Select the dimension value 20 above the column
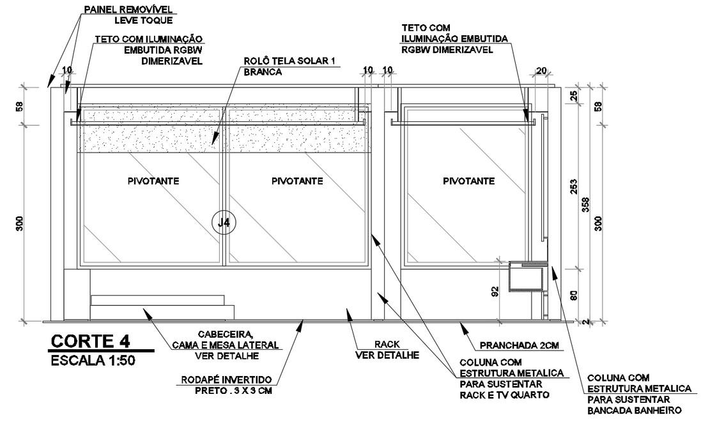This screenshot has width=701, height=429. click(x=542, y=71)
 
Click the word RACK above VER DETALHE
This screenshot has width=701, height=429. click(x=386, y=344)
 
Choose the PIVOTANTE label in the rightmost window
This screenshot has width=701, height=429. click(x=468, y=181)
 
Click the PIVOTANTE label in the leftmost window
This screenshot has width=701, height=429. click(x=153, y=181)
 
